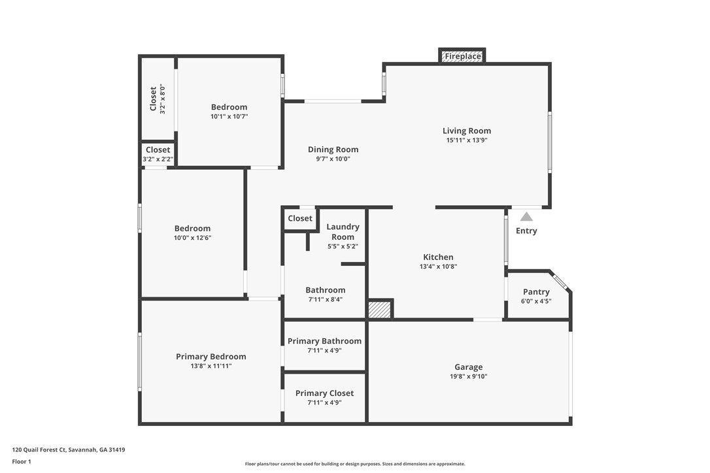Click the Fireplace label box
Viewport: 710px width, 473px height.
[x=463, y=57]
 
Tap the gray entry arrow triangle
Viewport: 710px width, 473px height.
[x=526, y=216]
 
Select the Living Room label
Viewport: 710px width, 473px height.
[x=466, y=131]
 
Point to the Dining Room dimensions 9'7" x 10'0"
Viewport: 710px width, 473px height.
[x=333, y=159]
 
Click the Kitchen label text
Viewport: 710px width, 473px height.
[x=437, y=257]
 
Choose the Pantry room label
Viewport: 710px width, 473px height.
[x=536, y=292]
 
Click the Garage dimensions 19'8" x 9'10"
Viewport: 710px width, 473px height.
[x=469, y=376]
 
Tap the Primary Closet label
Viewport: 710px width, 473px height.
[x=324, y=393]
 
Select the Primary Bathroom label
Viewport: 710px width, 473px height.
[x=324, y=341]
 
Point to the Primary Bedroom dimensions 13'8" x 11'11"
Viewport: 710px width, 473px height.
[x=211, y=366]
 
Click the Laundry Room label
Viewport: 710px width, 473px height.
[x=343, y=232]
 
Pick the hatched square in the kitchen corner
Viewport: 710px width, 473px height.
[x=380, y=309]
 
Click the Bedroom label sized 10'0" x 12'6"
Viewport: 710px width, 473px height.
[x=192, y=229]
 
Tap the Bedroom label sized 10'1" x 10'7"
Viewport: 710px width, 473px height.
[x=229, y=107]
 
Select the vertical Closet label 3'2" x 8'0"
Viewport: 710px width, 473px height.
[x=154, y=99]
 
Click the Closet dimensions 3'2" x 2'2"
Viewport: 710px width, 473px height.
[x=158, y=159]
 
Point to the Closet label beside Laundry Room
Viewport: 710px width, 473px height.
[x=300, y=218]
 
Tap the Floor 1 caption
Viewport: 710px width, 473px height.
[x=22, y=462]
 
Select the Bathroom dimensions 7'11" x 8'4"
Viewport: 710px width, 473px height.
[x=325, y=299]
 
